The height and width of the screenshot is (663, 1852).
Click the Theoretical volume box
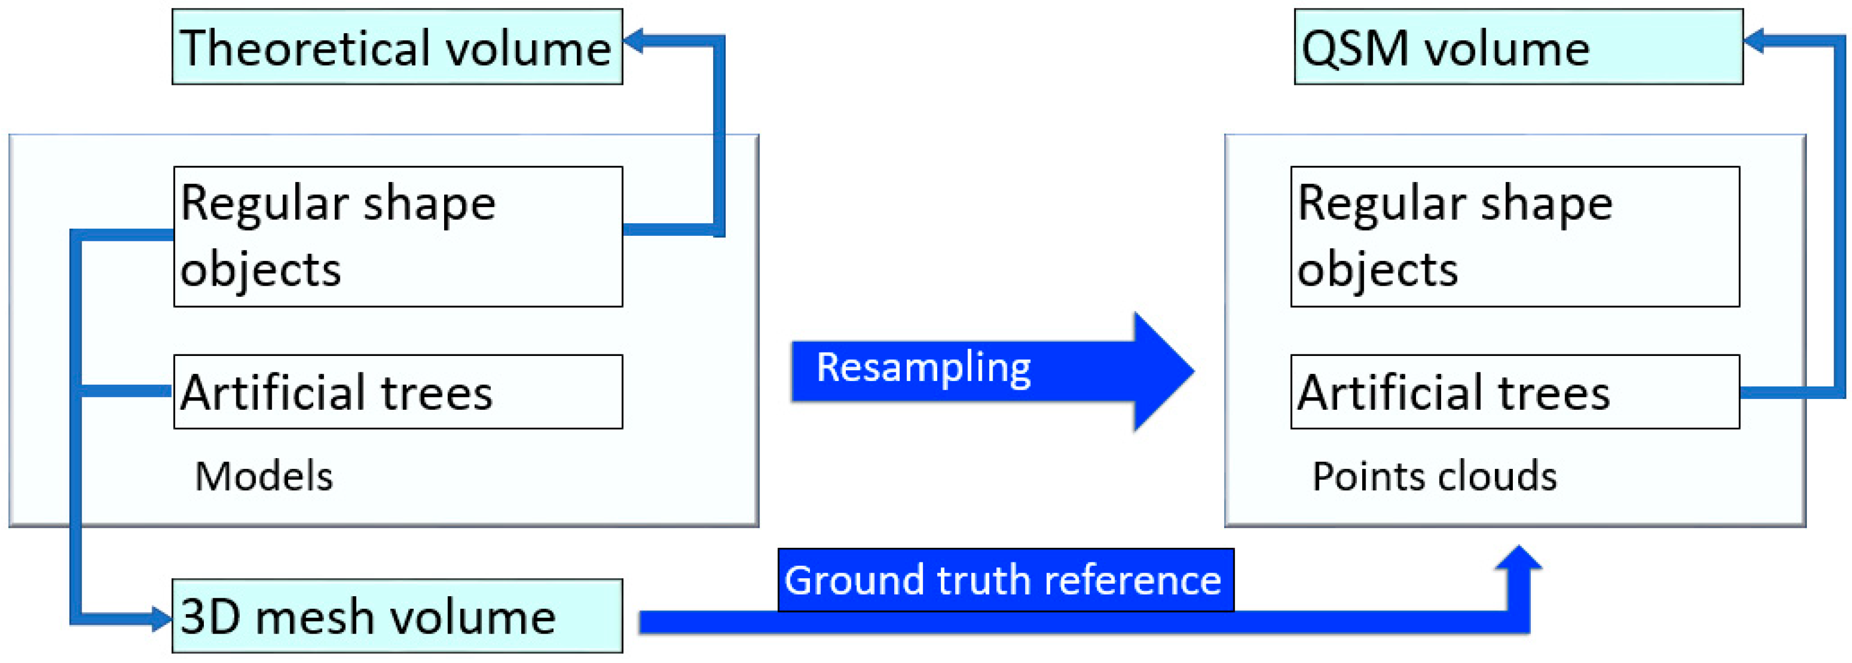click(x=397, y=47)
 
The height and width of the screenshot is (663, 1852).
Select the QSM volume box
click(x=1518, y=47)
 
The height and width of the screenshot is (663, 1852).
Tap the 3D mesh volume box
click(x=397, y=616)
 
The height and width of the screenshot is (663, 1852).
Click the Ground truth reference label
click(x=1005, y=580)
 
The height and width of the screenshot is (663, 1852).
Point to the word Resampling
click(x=924, y=368)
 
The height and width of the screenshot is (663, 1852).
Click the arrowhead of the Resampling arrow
click(x=1161, y=372)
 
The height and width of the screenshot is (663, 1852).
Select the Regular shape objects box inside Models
click(x=397, y=236)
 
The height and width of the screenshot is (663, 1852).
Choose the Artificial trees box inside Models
click(x=397, y=392)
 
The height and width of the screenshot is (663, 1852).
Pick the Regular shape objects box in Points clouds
click(x=1515, y=236)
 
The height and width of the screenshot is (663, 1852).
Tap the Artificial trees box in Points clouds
click(x=1515, y=392)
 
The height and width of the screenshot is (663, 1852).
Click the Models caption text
click(x=264, y=476)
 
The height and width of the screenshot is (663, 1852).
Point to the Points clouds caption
click(x=1435, y=476)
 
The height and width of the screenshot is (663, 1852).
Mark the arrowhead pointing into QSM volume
click(x=1755, y=40)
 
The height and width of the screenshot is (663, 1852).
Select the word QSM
click(x=1355, y=49)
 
